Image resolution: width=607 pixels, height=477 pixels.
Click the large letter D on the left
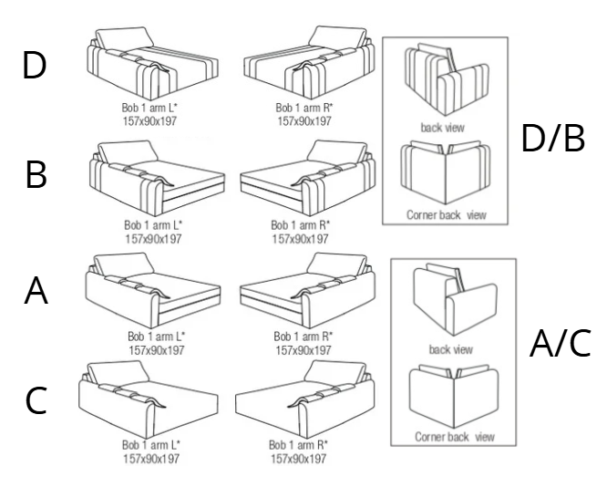(35, 65)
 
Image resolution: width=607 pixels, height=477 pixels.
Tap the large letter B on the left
(36, 174)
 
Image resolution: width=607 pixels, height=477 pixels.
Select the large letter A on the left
(36, 291)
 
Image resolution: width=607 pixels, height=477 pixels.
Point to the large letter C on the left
(36, 400)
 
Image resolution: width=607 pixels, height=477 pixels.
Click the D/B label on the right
(553, 138)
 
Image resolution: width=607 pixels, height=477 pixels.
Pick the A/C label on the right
(560, 343)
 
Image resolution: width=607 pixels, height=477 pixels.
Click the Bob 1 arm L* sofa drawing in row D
(152, 63)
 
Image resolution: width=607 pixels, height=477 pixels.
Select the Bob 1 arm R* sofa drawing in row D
(309, 62)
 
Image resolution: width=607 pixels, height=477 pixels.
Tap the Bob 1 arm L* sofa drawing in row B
(157, 178)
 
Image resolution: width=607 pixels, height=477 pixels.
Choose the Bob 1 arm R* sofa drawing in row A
(307, 290)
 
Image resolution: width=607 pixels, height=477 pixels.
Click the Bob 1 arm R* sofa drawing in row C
(304, 399)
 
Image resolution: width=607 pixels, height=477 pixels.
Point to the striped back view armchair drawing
(447, 79)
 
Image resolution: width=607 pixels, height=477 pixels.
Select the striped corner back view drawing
(446, 172)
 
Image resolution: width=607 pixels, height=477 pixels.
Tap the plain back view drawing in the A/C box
(455, 299)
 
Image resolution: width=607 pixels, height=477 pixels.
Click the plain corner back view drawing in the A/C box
(454, 395)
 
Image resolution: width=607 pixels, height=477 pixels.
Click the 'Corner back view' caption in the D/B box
(446, 214)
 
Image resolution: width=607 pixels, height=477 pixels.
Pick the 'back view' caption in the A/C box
(450, 349)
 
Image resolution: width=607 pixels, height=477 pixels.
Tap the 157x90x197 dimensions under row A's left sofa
(157, 350)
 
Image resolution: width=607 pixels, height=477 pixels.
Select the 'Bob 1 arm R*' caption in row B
(301, 224)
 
